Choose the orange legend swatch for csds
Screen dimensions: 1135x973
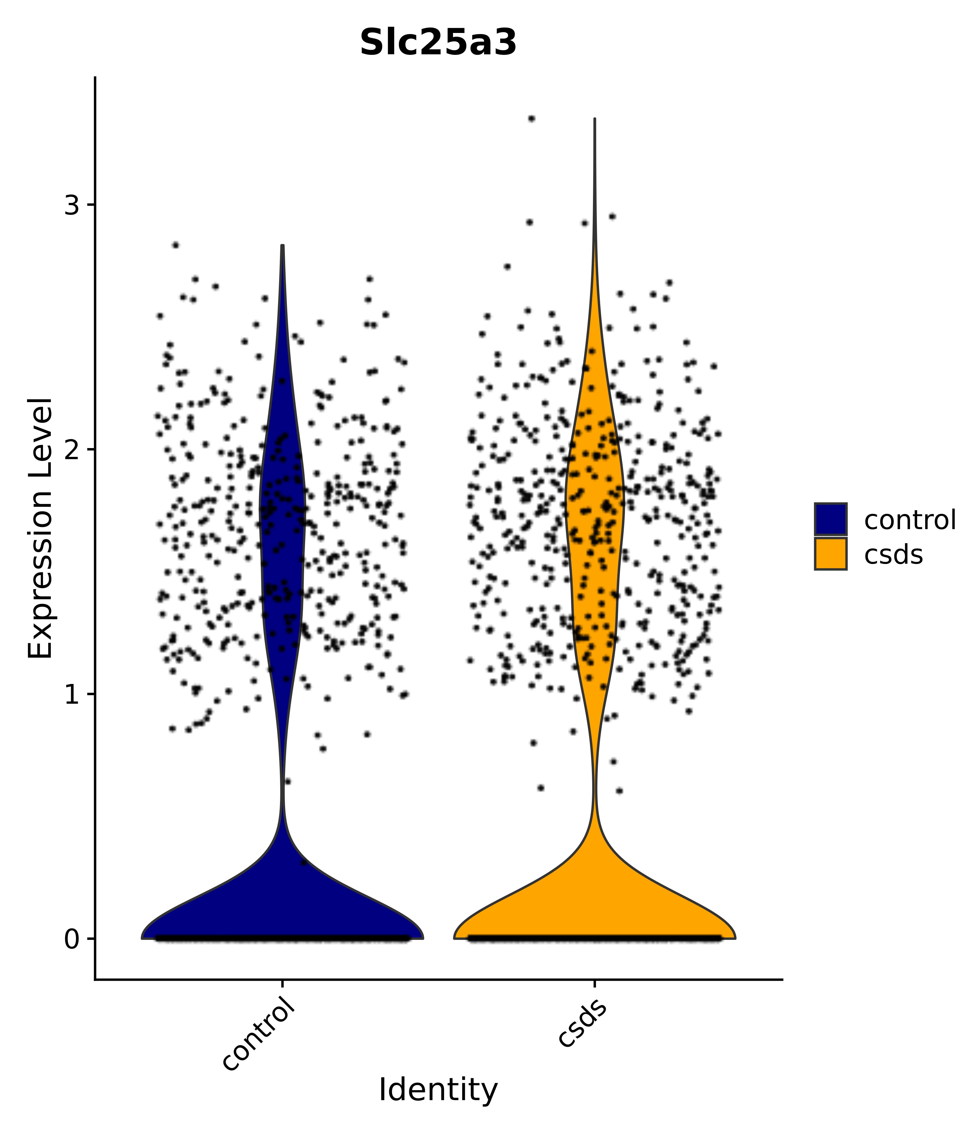point(830,554)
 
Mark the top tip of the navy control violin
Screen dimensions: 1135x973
point(282,246)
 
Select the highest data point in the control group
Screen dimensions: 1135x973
point(175,245)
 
